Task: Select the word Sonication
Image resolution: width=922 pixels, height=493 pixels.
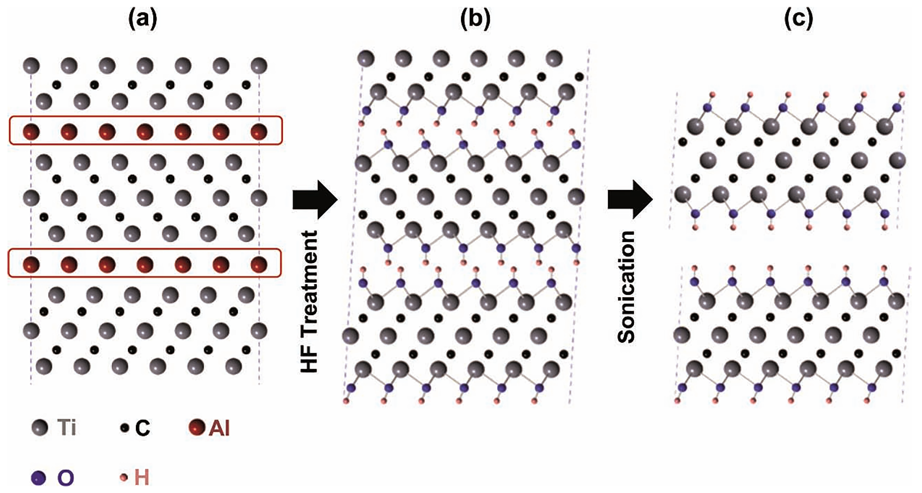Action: coord(626,287)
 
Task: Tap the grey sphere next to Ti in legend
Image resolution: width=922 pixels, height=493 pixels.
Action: coord(39,427)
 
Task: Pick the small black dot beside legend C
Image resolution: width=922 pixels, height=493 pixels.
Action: coord(124,428)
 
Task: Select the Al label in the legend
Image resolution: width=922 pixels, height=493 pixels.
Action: coord(219,428)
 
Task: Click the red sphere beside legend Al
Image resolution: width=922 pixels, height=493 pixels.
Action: coord(197,427)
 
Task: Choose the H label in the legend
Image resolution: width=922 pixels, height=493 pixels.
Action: coord(141,478)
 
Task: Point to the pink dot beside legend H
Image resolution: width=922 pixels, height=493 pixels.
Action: coord(124,478)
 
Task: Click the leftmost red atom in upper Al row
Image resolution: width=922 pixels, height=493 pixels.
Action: coord(31,131)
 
